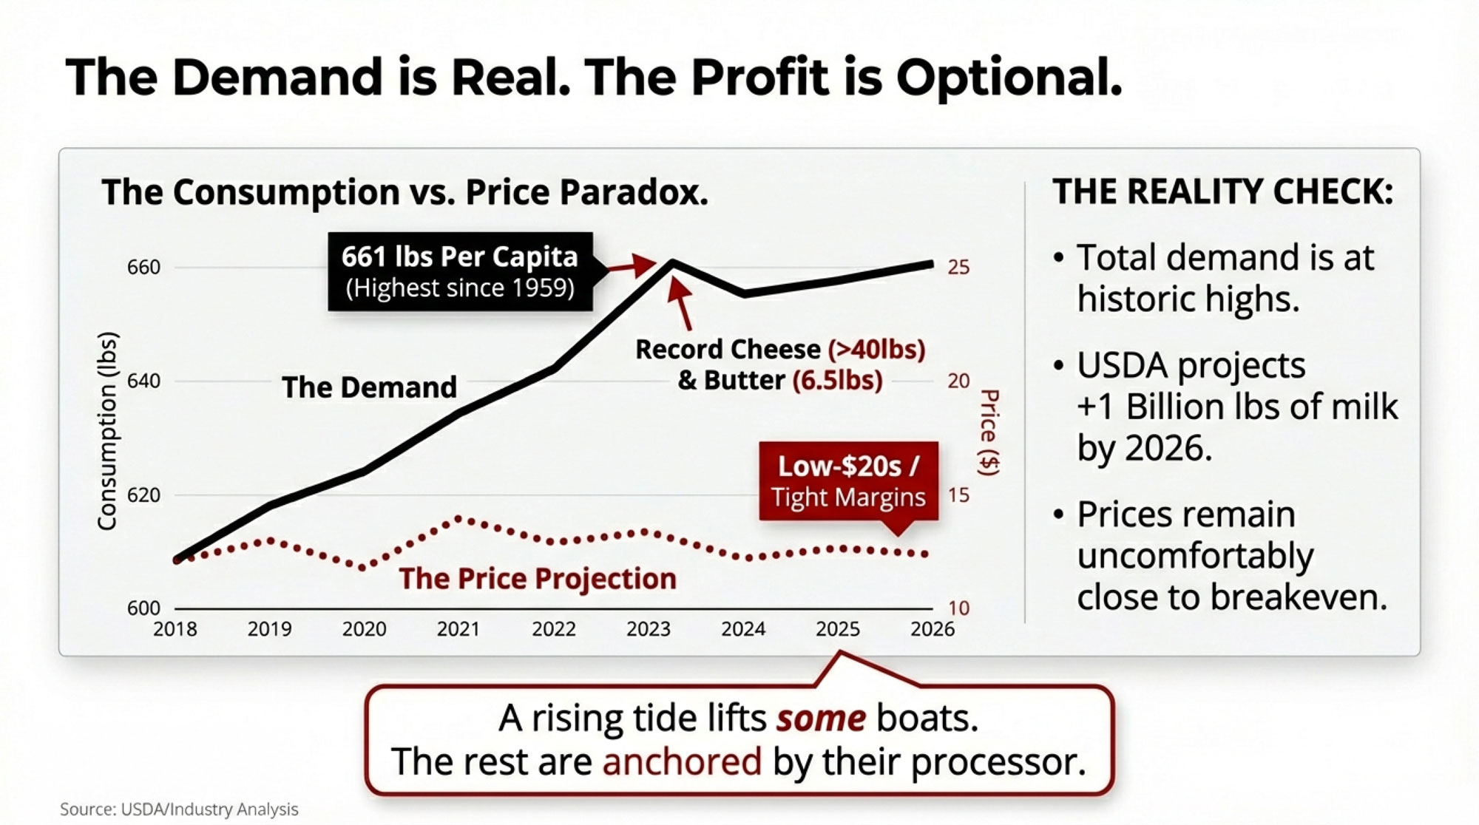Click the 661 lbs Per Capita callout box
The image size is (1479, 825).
coord(460,271)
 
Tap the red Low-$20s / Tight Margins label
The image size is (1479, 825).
coord(848,481)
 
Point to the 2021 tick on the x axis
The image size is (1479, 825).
coord(458,629)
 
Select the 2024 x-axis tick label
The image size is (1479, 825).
coord(743,629)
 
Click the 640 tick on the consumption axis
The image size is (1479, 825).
coord(143,381)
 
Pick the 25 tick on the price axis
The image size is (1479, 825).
coord(958,267)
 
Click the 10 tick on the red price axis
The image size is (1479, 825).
coord(958,608)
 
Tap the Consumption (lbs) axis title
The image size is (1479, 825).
coord(108,431)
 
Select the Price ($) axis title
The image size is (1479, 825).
coord(988,432)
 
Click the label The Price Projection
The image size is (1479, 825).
coord(538,579)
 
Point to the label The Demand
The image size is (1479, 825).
coord(369,387)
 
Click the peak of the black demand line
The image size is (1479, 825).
coord(672,262)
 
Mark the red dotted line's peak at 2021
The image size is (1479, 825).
coord(459,519)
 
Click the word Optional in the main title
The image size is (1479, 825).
coord(1009,77)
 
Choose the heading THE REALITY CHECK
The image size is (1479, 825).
coord(1223,191)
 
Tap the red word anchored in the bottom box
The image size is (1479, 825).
coord(682,761)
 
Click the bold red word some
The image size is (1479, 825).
coord(820,718)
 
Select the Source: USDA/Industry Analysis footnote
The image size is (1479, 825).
coord(179,809)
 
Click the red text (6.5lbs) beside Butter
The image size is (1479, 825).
coord(837,381)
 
